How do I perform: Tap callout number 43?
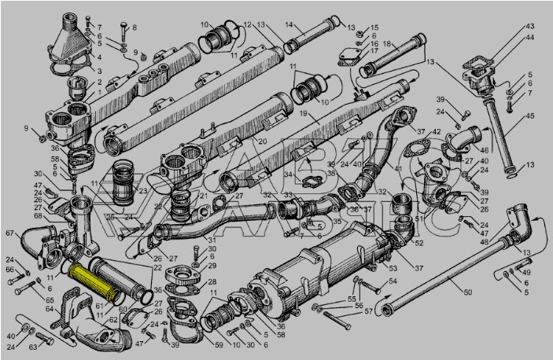point(530,26)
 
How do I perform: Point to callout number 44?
point(530,37)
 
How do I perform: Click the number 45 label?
point(530,117)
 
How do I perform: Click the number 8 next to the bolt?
point(134,28)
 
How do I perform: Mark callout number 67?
point(11,233)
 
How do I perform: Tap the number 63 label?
point(34,346)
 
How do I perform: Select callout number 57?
point(367,311)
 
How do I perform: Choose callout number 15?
point(374,27)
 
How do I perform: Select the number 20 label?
point(262,141)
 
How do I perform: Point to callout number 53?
point(393,269)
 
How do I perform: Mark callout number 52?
point(418,243)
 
